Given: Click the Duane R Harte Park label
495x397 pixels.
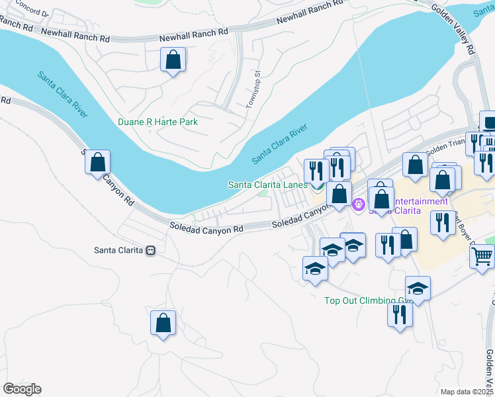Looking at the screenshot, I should click(157, 122).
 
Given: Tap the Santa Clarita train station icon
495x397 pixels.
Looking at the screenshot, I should click(151, 251).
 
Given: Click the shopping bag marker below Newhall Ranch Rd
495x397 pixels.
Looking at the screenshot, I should click(173, 61).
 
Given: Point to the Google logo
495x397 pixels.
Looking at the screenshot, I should click(22, 389).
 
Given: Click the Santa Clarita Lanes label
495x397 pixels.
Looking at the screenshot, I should click(267, 185).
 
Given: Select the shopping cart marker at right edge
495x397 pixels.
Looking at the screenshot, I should click(483, 255).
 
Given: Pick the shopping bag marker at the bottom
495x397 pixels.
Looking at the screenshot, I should click(163, 324).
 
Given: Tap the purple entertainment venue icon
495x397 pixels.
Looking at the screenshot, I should click(359, 205).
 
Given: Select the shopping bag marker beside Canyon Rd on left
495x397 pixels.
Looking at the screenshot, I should click(97, 162).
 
